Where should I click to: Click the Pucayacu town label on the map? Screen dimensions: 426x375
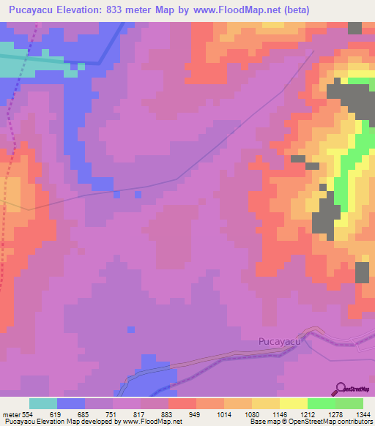coord(281,340)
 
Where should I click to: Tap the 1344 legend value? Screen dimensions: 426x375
coord(363,414)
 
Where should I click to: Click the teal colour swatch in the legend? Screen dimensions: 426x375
coord(43,403)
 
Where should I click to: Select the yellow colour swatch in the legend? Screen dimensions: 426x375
coord(294,403)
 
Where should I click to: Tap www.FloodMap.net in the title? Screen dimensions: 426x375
coord(241,10)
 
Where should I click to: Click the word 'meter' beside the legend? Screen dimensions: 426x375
coord(12,414)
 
